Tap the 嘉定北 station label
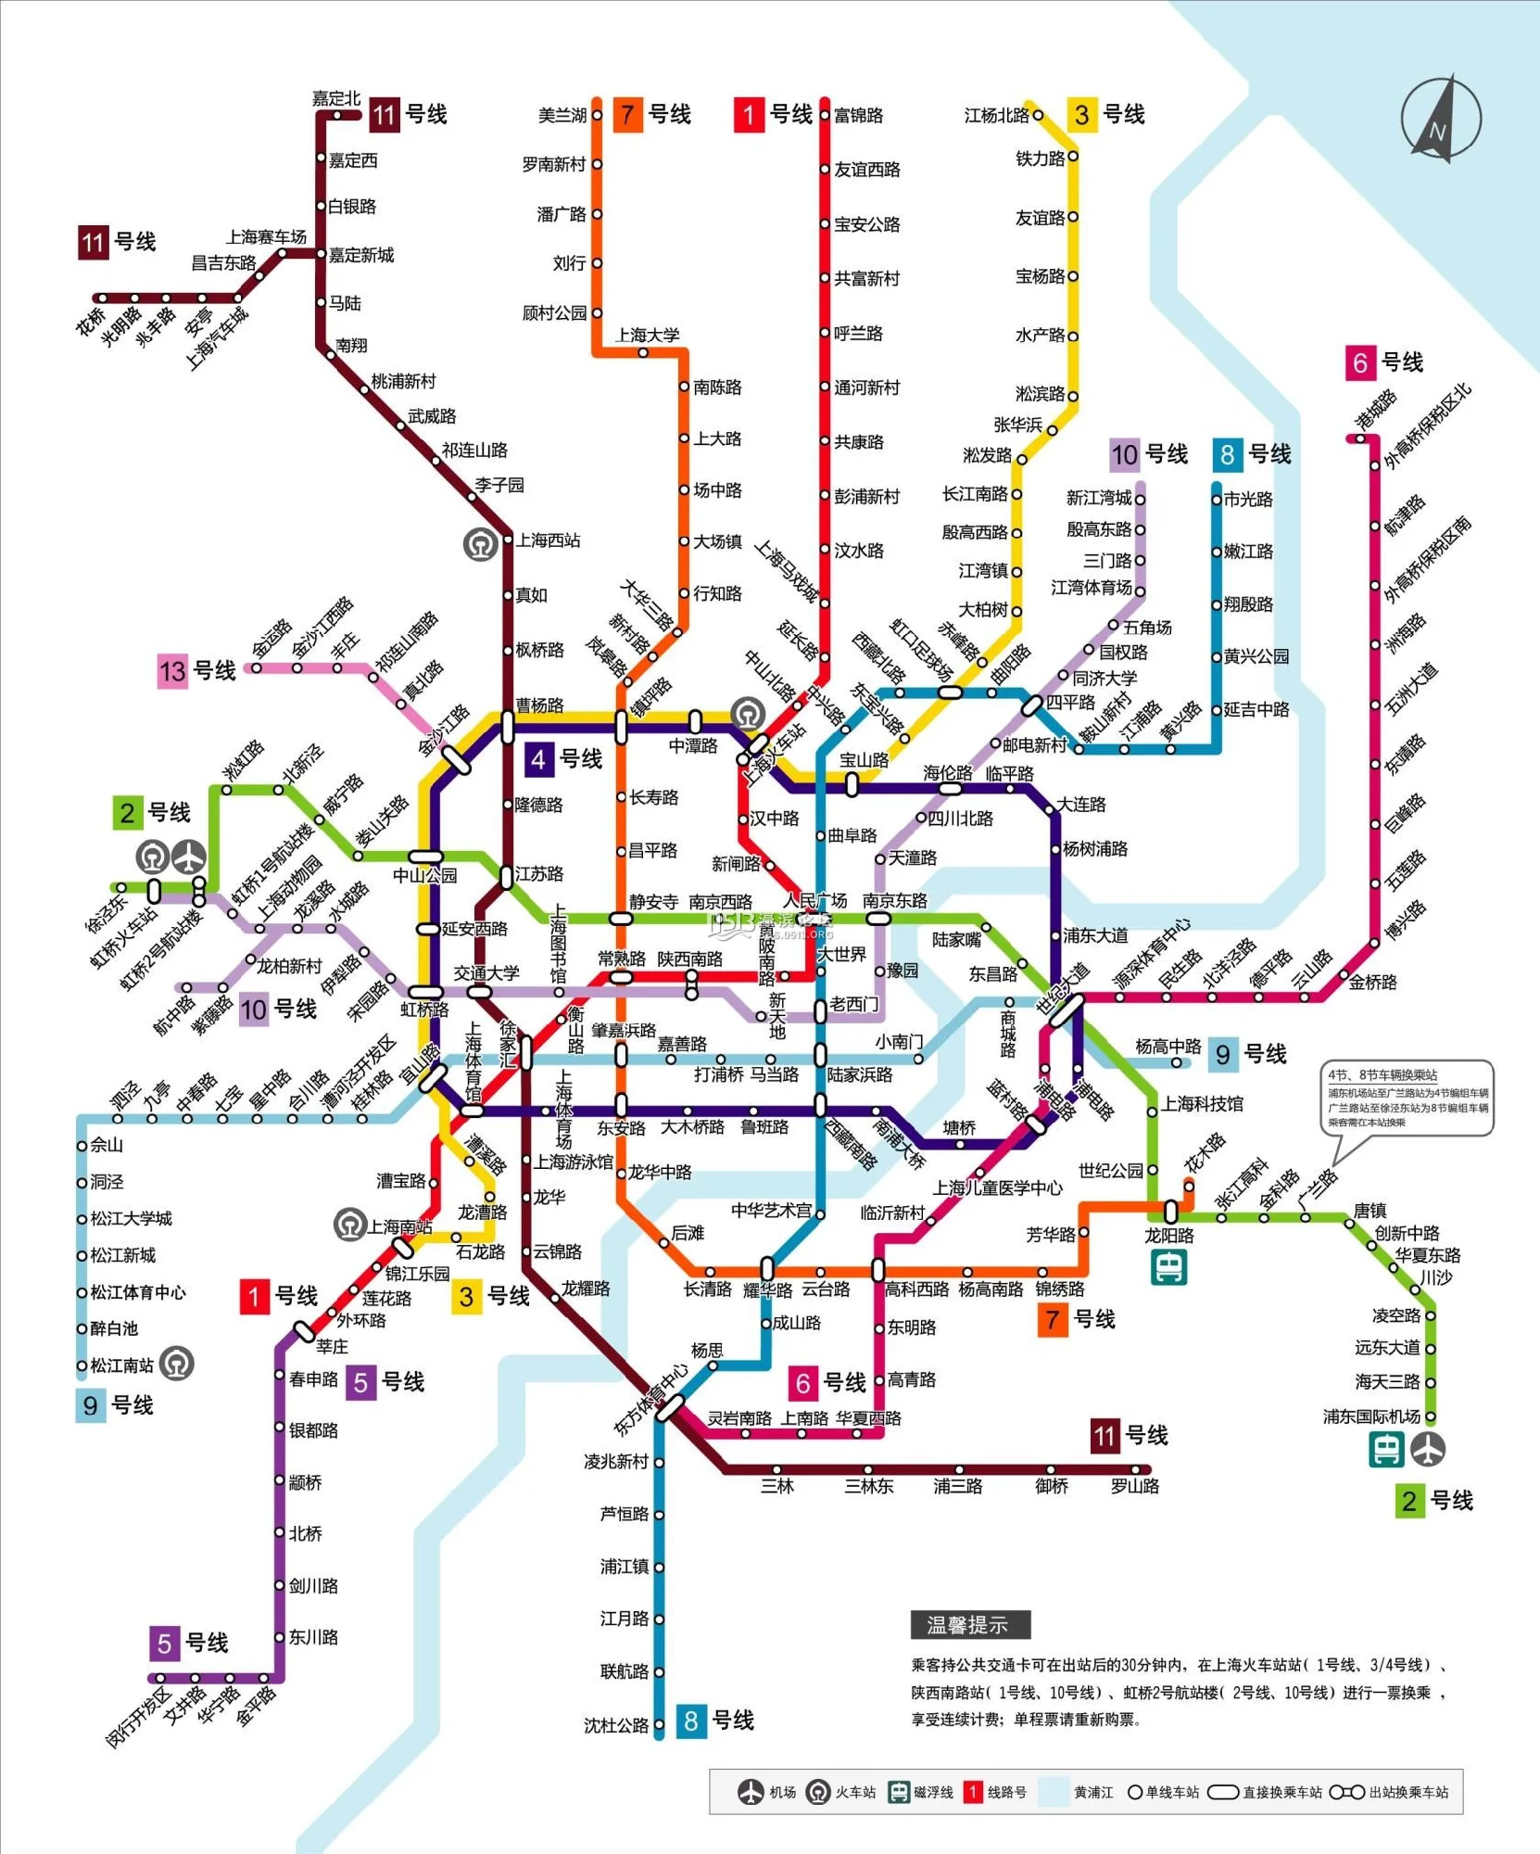pyautogui.click(x=335, y=98)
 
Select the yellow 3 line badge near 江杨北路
pyautogui.click(x=1081, y=115)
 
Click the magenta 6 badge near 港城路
pyautogui.click(x=1359, y=362)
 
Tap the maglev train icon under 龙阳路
pyautogui.click(x=1169, y=1267)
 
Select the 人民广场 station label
pyautogui.click(x=814, y=900)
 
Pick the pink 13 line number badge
pyautogui.click(x=173, y=670)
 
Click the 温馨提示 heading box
pyautogui.click(x=970, y=1625)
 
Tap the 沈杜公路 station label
pyautogui.click(x=616, y=1725)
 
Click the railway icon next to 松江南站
pyautogui.click(x=177, y=1364)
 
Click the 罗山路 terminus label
pyautogui.click(x=1135, y=1486)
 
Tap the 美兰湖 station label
pyautogui.click(x=562, y=115)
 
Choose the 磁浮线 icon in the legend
pyautogui.click(x=898, y=1792)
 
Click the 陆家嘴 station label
pyautogui.click(x=956, y=939)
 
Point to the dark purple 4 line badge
pyautogui.click(x=538, y=759)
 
